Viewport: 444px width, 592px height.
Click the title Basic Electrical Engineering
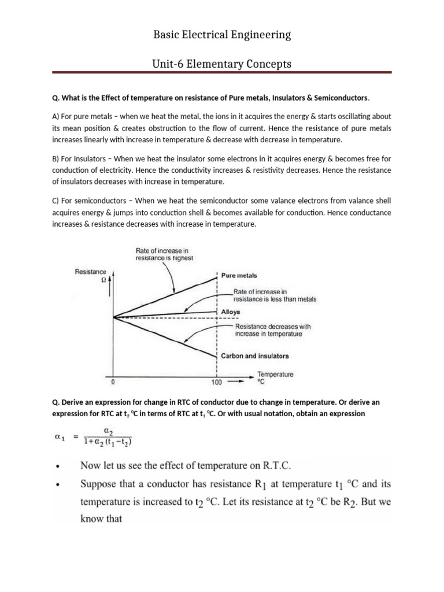pos(222,35)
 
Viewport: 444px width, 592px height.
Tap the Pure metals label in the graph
pos(239,276)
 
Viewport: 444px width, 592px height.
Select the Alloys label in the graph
pos(231,312)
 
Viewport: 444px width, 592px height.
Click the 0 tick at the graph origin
pos(113,382)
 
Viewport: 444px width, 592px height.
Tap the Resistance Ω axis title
pos(91,275)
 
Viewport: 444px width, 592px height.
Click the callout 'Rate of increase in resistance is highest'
pos(164,255)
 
